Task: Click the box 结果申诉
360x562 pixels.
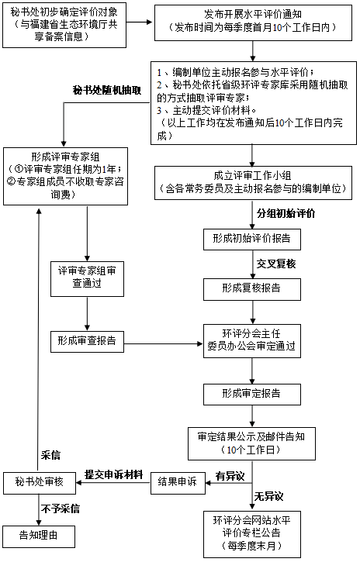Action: [177, 482]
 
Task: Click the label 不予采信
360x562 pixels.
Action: [60, 509]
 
